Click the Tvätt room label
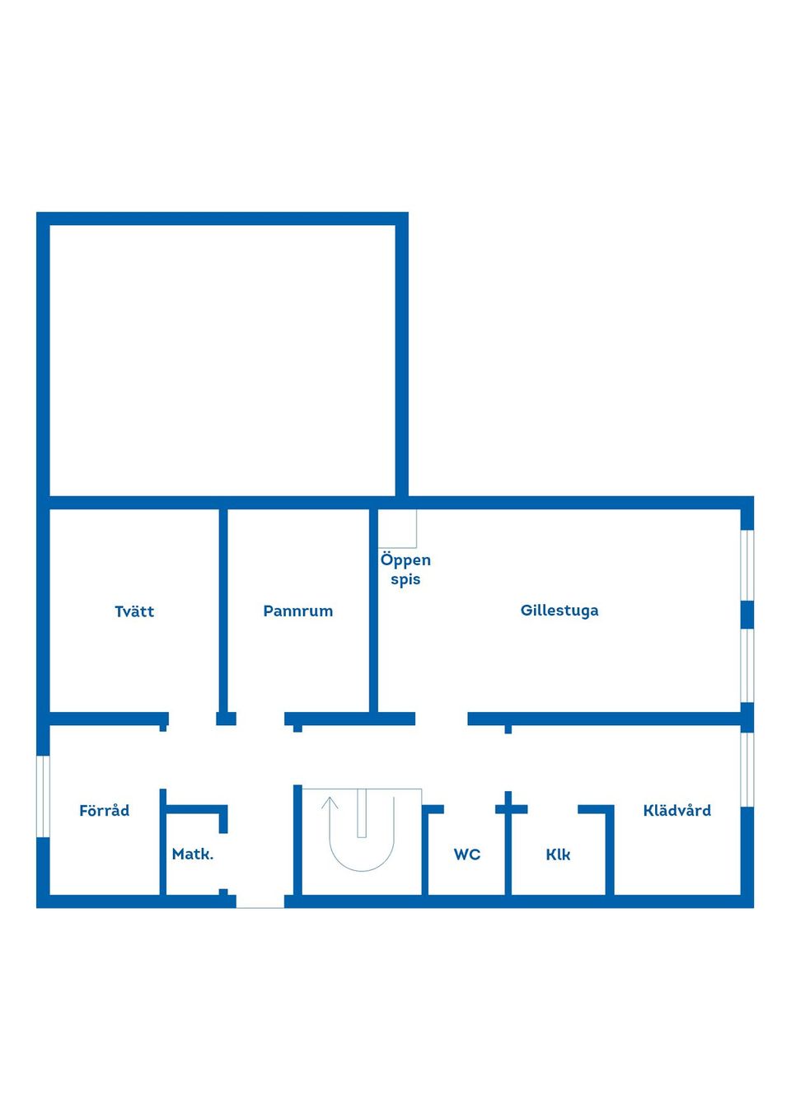click(134, 611)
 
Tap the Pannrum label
click(297, 611)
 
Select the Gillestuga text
click(559, 611)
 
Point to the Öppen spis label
click(405, 569)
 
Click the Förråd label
click(104, 810)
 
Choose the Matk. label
click(192, 854)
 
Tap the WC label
click(467, 854)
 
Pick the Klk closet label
click(558, 854)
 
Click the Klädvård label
click(676, 810)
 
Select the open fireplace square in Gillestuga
click(397, 528)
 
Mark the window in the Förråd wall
click(43, 796)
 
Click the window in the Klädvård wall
click(747, 770)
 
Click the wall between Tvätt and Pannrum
click(223, 611)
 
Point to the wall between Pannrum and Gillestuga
click(373, 611)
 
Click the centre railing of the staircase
click(362, 813)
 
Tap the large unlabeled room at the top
click(222, 360)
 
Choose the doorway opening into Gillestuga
click(442, 719)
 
